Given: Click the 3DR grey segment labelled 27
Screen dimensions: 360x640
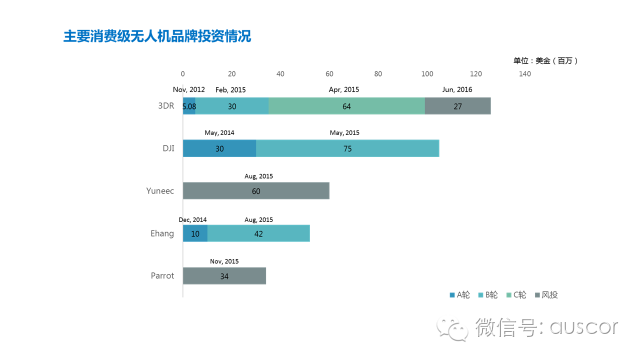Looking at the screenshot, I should pyautogui.click(x=458, y=106).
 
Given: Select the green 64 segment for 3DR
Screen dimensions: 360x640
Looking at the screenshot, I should pyautogui.click(x=346, y=106).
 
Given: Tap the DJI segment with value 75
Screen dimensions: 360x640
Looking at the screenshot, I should pyautogui.click(x=347, y=148).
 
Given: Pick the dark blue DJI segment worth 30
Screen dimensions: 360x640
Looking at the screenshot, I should pyautogui.click(x=219, y=148).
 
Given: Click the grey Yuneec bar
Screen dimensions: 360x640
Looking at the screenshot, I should pyautogui.click(x=256, y=191).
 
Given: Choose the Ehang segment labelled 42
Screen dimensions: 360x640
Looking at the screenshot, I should pyautogui.click(x=259, y=233).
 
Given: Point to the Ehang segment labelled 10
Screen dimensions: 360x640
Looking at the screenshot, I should pyautogui.click(x=195, y=233).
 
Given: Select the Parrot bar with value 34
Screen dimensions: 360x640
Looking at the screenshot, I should pyautogui.click(x=224, y=275).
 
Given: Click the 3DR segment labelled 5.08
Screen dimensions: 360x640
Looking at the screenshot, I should pyautogui.click(x=189, y=106).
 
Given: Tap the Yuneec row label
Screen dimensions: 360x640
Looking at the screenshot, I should pyautogui.click(x=160, y=191).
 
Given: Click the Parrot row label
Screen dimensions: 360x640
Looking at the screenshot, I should pyautogui.click(x=162, y=275).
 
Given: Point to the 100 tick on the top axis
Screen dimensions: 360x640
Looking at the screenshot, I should pyautogui.click(x=427, y=73).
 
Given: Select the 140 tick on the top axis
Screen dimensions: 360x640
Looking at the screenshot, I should pyautogui.click(x=524, y=73).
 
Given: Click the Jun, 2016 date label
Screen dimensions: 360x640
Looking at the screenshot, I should pyautogui.click(x=458, y=90).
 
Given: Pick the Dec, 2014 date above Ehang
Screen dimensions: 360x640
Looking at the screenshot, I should pyautogui.click(x=193, y=218).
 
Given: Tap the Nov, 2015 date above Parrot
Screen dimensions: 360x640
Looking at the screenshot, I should pyautogui.click(x=224, y=261).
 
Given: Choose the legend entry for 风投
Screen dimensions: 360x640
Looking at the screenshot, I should pyautogui.click(x=549, y=294).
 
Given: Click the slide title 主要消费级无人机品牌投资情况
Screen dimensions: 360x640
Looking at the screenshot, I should pyautogui.click(x=157, y=36).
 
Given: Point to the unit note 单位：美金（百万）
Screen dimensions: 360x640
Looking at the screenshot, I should pyautogui.click(x=544, y=60).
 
